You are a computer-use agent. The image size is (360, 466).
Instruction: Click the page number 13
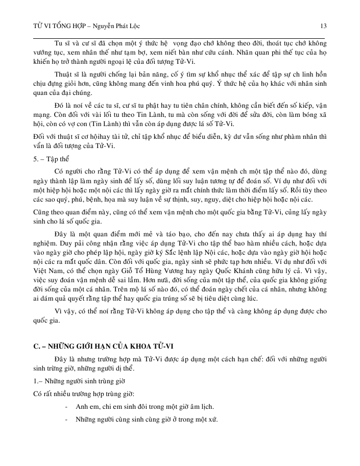(x=323, y=26)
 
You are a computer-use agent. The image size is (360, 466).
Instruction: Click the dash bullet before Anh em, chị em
(x=67, y=406)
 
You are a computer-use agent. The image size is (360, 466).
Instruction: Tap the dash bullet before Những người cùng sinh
(x=67, y=419)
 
